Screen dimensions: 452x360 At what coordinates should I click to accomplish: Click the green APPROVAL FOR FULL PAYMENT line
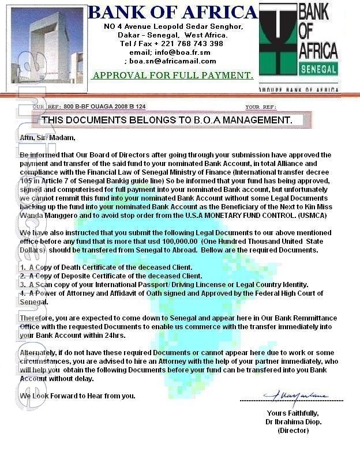point(173,76)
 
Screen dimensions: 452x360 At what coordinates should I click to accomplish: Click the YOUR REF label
point(261,107)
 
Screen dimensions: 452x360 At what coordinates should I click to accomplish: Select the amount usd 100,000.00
point(193,241)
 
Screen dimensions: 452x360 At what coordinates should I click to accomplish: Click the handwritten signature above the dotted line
point(296,395)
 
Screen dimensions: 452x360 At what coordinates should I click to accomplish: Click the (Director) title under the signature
point(293,430)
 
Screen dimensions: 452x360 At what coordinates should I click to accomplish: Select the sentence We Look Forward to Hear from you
point(78,396)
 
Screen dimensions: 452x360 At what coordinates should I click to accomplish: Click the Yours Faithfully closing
point(292,413)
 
